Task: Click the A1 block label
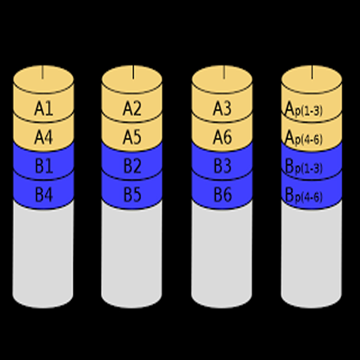pos(44,109)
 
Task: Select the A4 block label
pos(44,138)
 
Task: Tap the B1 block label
pos(44,167)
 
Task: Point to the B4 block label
pos(44,195)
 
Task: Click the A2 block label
pos(132,109)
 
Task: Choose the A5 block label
pos(132,138)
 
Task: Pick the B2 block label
pos(132,167)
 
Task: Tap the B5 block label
pos(132,195)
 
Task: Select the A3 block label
pos(222,109)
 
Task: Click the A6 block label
pos(222,138)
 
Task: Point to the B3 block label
pos(222,167)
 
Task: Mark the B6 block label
pos(222,195)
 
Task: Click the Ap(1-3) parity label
pos(303,109)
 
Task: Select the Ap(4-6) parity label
pos(303,138)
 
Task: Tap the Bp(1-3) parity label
pos(303,167)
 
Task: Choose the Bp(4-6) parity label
pos(303,195)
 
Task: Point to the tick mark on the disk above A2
pos(133,73)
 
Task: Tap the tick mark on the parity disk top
pos(312,73)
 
